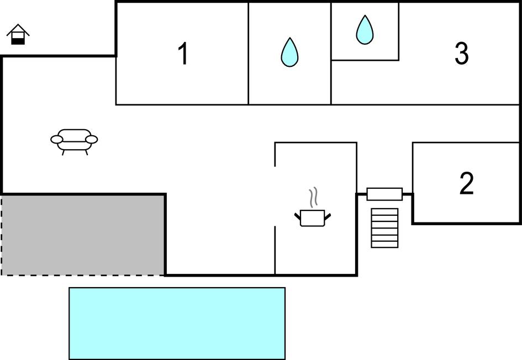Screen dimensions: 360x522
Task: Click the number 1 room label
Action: tap(183, 54)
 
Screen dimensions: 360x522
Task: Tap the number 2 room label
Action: tap(467, 184)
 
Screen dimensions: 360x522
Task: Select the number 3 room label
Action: tap(461, 54)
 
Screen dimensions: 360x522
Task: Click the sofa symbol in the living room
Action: tap(74, 141)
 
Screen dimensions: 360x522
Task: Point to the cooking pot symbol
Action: tap(313, 217)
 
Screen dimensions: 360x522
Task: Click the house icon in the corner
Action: tap(18, 35)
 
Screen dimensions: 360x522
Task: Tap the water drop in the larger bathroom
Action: tap(289, 52)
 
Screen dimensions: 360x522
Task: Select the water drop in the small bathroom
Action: tap(365, 30)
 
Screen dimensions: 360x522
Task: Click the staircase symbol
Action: tap(384, 227)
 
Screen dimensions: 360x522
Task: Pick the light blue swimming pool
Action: tap(177, 323)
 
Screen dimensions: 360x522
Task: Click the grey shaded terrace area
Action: tap(83, 234)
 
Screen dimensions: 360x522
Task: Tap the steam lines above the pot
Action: tap(314, 197)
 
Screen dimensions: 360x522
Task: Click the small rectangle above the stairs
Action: tap(384, 194)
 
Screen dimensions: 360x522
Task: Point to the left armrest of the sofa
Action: tap(56, 139)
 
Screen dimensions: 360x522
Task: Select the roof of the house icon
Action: tap(18, 29)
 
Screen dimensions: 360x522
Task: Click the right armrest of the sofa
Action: tap(92, 139)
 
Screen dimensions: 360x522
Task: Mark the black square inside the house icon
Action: tap(18, 40)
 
